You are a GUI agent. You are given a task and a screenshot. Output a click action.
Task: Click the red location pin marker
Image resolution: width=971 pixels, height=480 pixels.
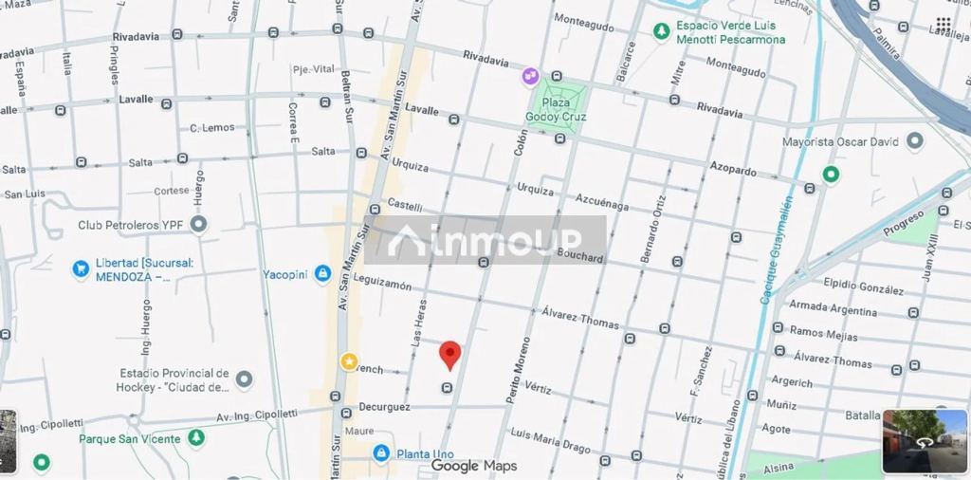[450, 355]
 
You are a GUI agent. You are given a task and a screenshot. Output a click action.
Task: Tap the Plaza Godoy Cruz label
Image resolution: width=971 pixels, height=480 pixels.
[556, 109]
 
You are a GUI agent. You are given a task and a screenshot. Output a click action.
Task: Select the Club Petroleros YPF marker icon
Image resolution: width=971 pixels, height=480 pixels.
[198, 225]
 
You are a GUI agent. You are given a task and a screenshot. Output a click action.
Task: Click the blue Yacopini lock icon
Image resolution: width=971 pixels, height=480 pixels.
[322, 274]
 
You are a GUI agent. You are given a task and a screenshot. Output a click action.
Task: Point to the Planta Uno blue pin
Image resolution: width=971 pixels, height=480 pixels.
[381, 453]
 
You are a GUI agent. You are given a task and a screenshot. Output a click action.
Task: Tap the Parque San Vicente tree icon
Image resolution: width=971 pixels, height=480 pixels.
[196, 438]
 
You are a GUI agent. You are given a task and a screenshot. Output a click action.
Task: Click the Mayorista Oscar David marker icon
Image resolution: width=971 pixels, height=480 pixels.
[915, 141]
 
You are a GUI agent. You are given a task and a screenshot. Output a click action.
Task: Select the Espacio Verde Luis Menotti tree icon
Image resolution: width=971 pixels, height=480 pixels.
[661, 31]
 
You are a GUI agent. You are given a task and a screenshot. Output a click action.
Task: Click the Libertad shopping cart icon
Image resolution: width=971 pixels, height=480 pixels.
[81, 269]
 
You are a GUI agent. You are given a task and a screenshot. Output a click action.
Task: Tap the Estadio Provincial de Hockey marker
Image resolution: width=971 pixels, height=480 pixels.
[244, 379]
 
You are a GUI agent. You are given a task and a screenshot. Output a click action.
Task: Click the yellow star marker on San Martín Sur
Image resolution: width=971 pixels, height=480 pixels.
[349, 361]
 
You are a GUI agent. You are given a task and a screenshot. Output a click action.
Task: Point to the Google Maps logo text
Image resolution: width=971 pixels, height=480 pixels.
[474, 466]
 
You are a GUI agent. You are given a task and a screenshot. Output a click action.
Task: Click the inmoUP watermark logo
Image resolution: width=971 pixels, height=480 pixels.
[485, 240]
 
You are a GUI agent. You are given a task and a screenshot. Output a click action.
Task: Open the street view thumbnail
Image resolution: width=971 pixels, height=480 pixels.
[925, 441]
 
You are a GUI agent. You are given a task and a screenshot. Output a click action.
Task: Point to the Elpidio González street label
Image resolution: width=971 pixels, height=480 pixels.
[863, 286]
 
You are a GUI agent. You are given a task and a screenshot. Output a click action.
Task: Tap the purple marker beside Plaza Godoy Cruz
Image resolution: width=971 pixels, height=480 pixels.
[530, 74]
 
